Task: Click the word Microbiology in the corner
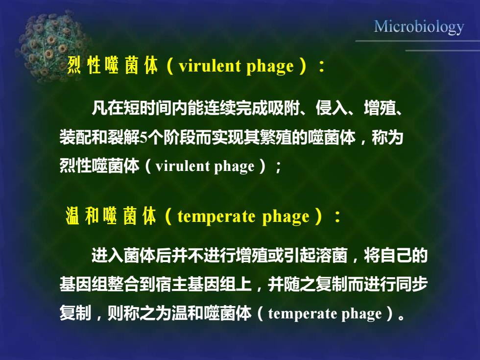pos(419,27)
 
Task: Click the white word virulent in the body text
pos(182,166)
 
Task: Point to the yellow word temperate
pos(216,216)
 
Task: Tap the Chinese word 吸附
pos(283,108)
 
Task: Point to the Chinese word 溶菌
pos(332,255)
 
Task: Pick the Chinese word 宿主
pos(171,284)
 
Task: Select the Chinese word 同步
pos(412,284)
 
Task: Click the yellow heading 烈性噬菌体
pos(112,65)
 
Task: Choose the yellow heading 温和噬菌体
pos(111,216)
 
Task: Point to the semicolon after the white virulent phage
pos(278,167)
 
